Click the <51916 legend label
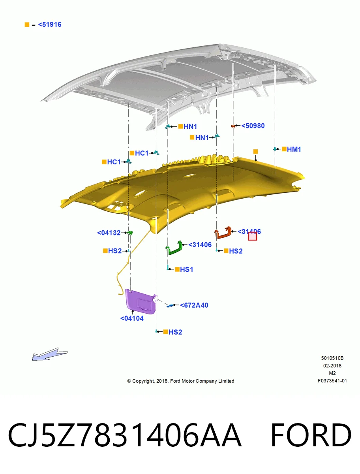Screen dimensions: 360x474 tap(50, 24)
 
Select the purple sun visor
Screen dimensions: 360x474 tap(141, 301)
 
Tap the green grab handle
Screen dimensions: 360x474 tap(174, 248)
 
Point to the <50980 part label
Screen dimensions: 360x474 tap(253, 126)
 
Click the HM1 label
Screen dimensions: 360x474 tap(294, 149)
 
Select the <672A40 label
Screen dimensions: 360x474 tap(194, 305)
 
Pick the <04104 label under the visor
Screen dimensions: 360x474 tap(132, 318)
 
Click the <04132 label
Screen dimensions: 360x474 tap(109, 233)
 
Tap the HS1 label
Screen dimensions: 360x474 tap(187, 269)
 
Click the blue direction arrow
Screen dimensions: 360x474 tap(49, 354)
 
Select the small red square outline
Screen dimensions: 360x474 tap(253, 236)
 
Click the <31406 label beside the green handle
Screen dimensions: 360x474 tap(200, 245)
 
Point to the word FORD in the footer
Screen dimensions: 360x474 tap(311, 435)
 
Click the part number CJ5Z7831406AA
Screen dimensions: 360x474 tap(124, 435)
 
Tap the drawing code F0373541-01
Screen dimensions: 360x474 tap(332, 381)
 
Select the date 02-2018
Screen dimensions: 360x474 tap(332, 366)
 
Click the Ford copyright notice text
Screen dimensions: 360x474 tap(181, 381)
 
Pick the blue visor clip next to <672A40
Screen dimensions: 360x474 tap(170, 305)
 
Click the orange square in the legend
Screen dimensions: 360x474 tap(27, 24)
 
